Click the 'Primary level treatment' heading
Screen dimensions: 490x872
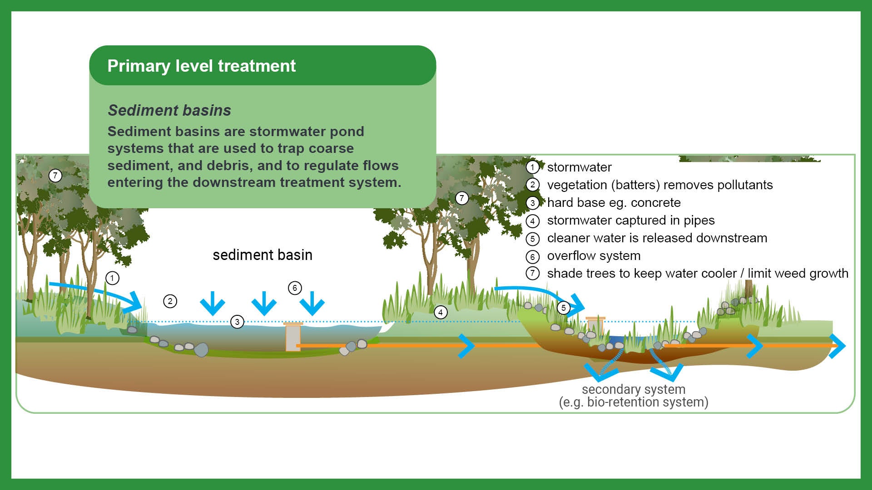[201, 66]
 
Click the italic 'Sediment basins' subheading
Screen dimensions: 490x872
[169, 110]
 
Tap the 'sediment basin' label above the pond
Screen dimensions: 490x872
[263, 255]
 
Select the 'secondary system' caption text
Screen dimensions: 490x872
[634, 389]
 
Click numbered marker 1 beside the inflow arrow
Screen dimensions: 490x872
[112, 278]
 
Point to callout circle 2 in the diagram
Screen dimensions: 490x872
[170, 301]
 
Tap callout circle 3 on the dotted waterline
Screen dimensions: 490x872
[237, 322]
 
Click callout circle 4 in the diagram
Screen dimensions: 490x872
[440, 312]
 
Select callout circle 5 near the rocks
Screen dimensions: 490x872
[563, 308]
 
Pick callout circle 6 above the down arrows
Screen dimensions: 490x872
[295, 288]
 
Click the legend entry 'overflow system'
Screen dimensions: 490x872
[594, 256]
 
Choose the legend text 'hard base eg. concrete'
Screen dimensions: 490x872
[614, 203]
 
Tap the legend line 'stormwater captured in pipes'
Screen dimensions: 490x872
[631, 220]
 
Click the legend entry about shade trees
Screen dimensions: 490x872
[698, 274]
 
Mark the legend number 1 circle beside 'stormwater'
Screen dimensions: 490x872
[533, 167]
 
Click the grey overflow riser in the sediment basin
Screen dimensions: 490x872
[292, 338]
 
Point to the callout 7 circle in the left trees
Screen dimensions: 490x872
[55, 176]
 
